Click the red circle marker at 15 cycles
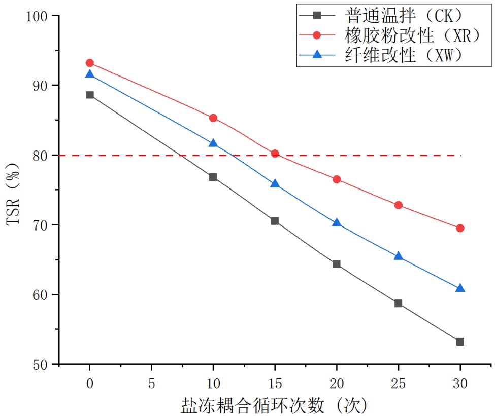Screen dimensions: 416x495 (x=275, y=154)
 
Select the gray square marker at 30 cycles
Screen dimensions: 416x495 (x=460, y=342)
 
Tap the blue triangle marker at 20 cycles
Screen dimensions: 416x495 (x=337, y=223)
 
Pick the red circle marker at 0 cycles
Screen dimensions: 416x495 (x=90, y=63)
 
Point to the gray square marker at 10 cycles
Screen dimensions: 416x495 (x=213, y=177)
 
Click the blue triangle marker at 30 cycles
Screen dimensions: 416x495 (x=460, y=288)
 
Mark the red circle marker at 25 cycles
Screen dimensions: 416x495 (x=398, y=205)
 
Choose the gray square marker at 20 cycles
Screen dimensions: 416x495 (x=337, y=264)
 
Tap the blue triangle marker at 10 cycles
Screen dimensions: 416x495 (x=213, y=143)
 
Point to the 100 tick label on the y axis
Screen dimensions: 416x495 (x=39, y=16)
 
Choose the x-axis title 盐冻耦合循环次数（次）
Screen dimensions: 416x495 (x=274, y=405)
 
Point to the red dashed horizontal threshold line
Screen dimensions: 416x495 (x=355, y=155)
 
